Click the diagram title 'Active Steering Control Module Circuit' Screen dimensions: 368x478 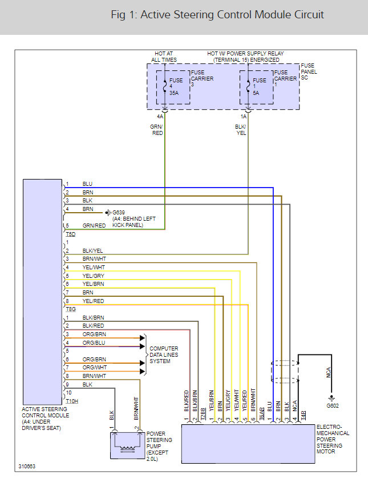(232, 15)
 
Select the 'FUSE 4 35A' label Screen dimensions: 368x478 (176, 86)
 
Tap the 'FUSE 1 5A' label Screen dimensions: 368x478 (260, 86)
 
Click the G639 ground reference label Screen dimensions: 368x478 (119, 212)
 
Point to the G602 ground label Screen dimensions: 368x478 (333, 406)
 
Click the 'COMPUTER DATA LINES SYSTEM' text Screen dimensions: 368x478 (164, 355)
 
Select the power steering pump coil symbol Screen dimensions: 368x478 (128, 449)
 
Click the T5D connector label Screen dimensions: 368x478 (71, 234)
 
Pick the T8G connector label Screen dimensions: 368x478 (71, 309)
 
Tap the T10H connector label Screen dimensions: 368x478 (72, 401)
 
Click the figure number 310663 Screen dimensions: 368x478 (27, 467)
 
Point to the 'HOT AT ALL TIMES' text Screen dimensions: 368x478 (164, 57)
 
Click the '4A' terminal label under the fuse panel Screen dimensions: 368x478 (160, 117)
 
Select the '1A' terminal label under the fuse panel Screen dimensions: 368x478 (244, 117)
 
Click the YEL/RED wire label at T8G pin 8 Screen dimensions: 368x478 (93, 301)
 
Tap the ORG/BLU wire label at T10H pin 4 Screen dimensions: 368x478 (94, 342)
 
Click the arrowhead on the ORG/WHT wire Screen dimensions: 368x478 (142, 371)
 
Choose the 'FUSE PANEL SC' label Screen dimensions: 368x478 (309, 71)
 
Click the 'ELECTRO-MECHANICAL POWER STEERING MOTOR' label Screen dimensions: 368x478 (333, 439)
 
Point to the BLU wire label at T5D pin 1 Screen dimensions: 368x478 (87, 184)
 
